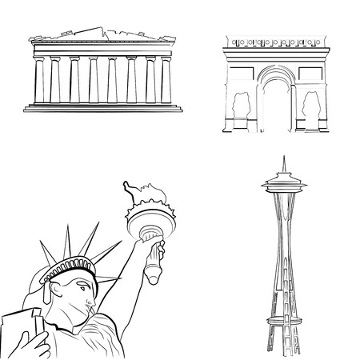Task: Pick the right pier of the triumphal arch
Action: [x=312, y=100]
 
